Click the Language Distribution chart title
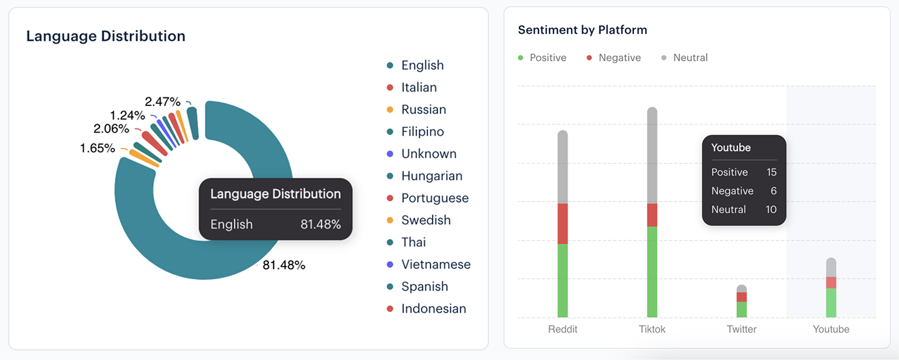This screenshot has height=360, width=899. click(x=106, y=36)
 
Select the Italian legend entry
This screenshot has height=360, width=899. click(x=418, y=87)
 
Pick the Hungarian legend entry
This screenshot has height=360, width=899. click(x=431, y=176)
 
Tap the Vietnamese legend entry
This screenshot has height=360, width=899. click(x=435, y=264)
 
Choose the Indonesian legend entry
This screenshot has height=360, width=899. click(x=433, y=309)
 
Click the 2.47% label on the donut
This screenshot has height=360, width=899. click(x=162, y=101)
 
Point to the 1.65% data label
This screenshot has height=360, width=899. click(x=97, y=148)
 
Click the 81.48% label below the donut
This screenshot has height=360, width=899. click(x=284, y=265)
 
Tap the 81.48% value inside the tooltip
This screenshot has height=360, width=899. click(x=320, y=224)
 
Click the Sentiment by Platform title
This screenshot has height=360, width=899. click(x=582, y=30)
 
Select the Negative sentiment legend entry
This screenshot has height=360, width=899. click(x=619, y=58)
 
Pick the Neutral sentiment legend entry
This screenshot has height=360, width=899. click(x=690, y=58)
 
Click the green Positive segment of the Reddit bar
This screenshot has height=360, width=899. click(x=563, y=280)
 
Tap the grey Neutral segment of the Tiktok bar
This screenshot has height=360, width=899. click(x=652, y=156)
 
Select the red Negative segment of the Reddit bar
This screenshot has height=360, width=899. click(x=563, y=224)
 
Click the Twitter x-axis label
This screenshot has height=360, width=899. click(x=742, y=329)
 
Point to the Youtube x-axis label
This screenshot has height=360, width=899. click(x=831, y=329)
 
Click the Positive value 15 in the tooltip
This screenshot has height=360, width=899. click(x=771, y=172)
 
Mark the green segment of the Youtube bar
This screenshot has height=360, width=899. click(x=831, y=302)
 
